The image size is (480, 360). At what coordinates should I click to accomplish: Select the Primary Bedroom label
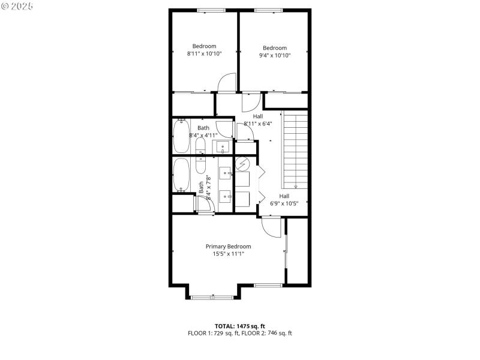228,247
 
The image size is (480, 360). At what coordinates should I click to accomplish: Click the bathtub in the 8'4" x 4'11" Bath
181,136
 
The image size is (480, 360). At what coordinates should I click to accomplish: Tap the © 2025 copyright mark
17,6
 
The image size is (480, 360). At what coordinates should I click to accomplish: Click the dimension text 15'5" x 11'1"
228,254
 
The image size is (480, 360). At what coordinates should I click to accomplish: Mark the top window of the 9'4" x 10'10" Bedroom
268,10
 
